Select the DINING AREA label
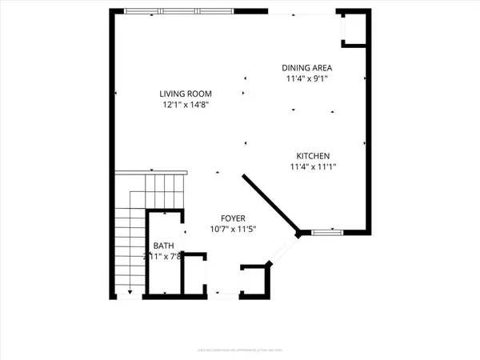306,68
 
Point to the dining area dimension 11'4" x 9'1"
306,79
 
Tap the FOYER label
234,218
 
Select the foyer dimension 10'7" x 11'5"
234,230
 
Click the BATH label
162,246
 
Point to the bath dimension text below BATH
162,257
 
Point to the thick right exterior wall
370,120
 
